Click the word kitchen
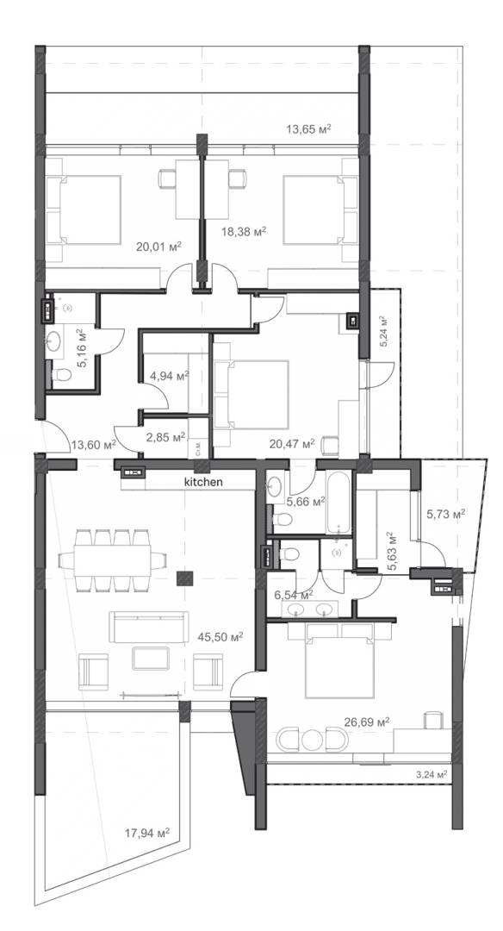coord(203,483)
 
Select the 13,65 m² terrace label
coord(309,129)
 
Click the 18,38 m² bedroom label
coord(243,231)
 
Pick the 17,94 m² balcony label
coord(146,834)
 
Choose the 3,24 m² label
coord(432,775)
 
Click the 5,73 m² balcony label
coord(446,514)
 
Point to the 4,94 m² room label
coord(169,376)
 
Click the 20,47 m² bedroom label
coord(290,445)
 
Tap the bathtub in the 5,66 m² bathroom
coord(338,503)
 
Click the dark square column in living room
coord(183,578)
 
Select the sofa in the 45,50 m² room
coord(148,627)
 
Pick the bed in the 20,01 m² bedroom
coord(85,209)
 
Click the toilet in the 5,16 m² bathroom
coord(61,377)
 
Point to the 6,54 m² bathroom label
coord(291,595)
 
